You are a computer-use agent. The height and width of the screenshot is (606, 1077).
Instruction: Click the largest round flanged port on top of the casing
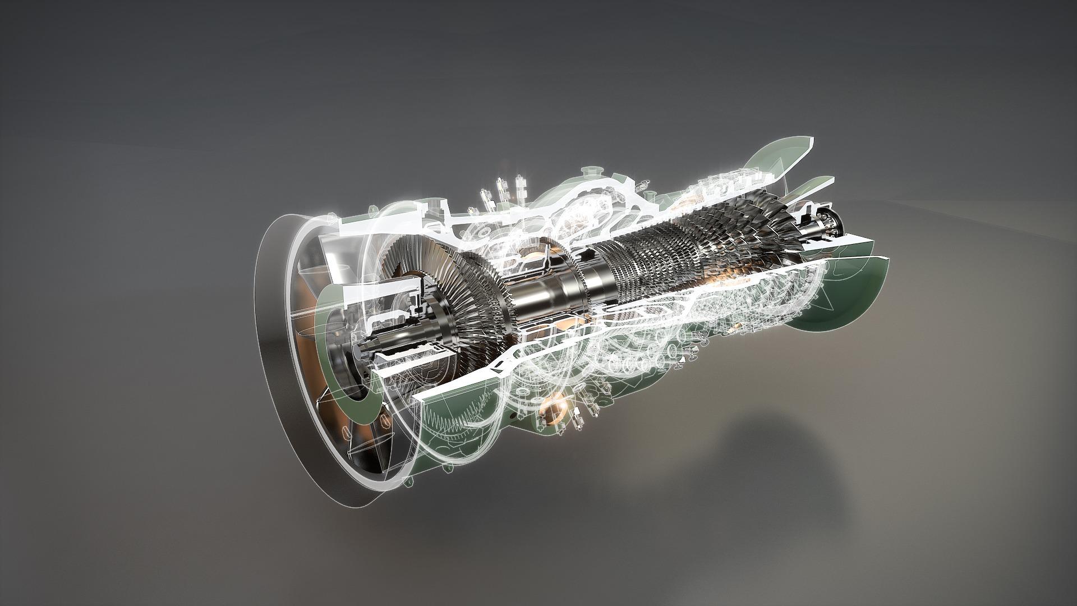(x=590, y=172)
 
